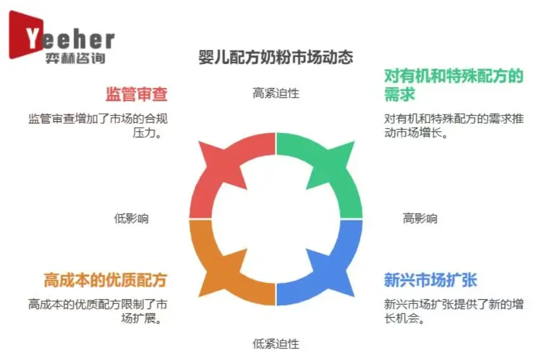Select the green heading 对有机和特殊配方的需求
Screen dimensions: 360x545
[453, 84]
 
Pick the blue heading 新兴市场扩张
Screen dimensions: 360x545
[431, 280]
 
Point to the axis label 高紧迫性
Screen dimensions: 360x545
[276, 93]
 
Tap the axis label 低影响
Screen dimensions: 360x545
[131, 218]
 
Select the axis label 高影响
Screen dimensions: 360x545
[420, 218]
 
